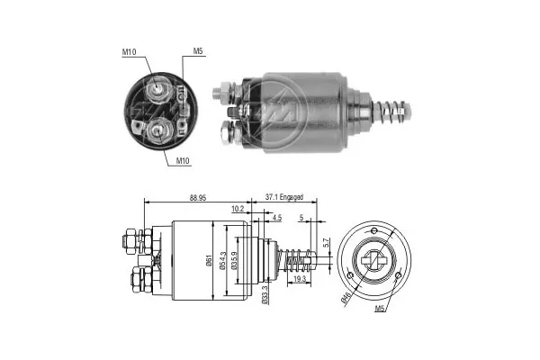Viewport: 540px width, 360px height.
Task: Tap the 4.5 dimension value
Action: pyautogui.click(x=276, y=217)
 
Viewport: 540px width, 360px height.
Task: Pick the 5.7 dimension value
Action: pyautogui.click(x=327, y=242)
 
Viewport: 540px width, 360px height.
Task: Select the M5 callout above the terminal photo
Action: pyautogui.click(x=197, y=52)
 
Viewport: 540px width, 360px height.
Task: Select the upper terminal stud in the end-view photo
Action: pyautogui.click(x=159, y=87)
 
